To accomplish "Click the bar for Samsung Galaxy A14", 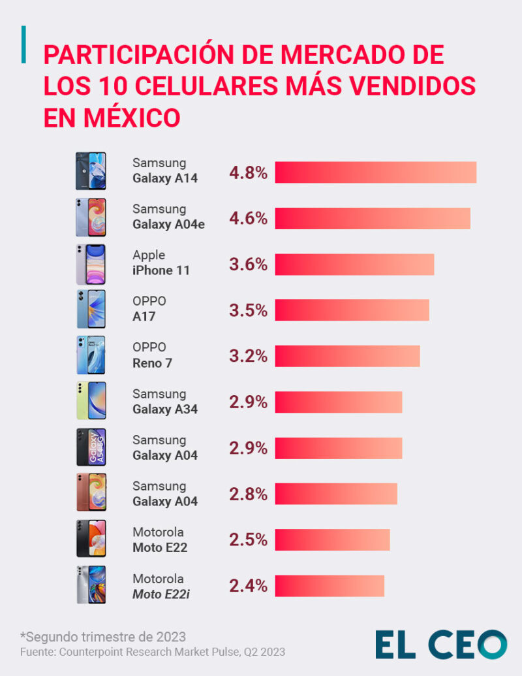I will (375, 172).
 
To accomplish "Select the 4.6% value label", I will (248, 219).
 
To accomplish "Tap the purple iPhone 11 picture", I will (90, 264).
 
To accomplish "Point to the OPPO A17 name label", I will (149, 309).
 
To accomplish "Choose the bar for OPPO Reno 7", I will (347, 356).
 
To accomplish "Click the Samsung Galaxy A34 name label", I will (164, 402).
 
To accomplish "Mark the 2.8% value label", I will (248, 494).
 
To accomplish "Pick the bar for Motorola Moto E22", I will (332, 540).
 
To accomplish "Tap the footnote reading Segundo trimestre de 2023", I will (103, 636).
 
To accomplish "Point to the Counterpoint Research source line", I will (152, 652).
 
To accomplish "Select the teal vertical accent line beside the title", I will (24, 45).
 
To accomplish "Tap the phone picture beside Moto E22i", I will (90, 585).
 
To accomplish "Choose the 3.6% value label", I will (248, 265).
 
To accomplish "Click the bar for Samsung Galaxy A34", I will (338, 402).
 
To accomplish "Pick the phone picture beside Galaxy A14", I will (90, 171).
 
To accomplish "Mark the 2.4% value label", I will (248, 586).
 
